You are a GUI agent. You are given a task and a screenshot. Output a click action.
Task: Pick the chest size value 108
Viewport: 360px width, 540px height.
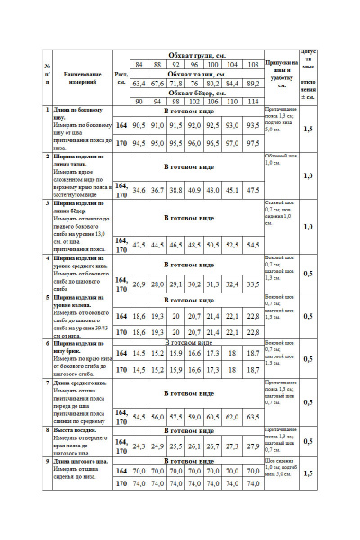pos(254,65)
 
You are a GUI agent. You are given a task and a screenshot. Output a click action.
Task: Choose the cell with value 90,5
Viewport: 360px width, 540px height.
pos(139,125)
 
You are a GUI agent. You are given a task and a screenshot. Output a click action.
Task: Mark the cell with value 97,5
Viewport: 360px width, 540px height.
pos(254,142)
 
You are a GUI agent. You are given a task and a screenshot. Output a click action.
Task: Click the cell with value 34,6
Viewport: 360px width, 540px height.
pos(139,190)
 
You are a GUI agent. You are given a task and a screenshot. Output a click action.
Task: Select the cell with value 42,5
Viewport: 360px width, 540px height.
pos(139,244)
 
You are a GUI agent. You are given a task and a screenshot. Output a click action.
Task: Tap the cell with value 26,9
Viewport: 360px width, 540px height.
pos(139,283)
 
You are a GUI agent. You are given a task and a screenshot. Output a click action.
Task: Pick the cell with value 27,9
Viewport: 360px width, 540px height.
pos(254,445)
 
